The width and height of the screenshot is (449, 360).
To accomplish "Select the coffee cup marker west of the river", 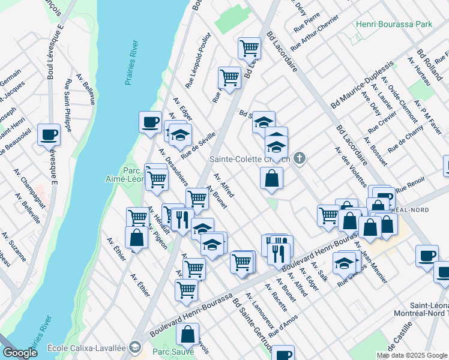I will click(x=49, y=134).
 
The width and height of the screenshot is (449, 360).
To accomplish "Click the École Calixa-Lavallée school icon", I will click(x=136, y=347).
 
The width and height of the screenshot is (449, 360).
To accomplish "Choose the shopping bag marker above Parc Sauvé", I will click(x=188, y=335).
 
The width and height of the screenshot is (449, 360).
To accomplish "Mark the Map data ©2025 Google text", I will click(x=412, y=355).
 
